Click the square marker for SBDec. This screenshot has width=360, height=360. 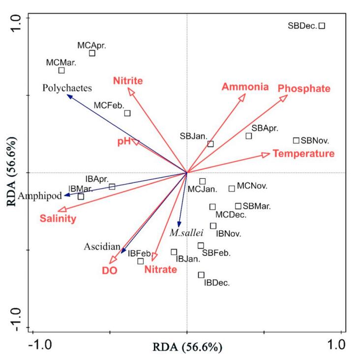pyautogui.click(x=322, y=26)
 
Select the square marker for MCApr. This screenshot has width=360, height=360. pyautogui.click(x=92, y=53)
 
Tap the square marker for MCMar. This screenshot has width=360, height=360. pyautogui.click(x=61, y=70)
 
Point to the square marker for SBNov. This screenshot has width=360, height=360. pyautogui.click(x=296, y=140)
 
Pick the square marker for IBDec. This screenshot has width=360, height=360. pyautogui.click(x=201, y=275)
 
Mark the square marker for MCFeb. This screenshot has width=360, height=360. pyautogui.click(x=127, y=113)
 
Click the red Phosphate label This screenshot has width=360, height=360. pyautogui.click(x=304, y=88)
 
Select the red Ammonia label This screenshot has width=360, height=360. pyautogui.click(x=245, y=87)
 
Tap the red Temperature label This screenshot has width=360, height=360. pyautogui.click(x=303, y=154)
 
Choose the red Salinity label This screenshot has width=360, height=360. pyautogui.click(x=58, y=219)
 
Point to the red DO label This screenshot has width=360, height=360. pyautogui.click(x=109, y=270)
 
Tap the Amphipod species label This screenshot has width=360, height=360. pyautogui.click(x=40, y=196)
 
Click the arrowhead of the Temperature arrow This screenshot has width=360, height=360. pyautogui.click(x=266, y=155)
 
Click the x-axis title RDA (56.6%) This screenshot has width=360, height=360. pyautogui.click(x=187, y=347)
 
